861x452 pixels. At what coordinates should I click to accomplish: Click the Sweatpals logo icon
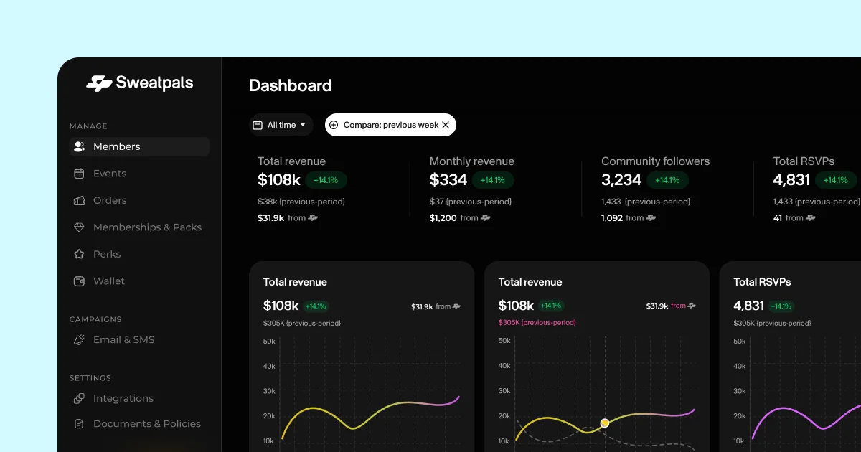point(99,83)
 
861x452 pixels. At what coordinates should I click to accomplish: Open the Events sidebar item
point(109,174)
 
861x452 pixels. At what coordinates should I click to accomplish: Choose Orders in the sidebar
point(109,201)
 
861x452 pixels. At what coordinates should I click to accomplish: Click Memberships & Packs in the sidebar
point(146,227)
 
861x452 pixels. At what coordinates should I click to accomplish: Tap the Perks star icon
point(80,255)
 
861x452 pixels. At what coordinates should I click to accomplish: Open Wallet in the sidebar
point(108,281)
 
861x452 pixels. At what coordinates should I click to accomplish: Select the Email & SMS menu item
point(123,340)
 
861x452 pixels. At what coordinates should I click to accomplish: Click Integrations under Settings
point(123,399)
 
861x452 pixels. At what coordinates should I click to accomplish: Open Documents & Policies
point(146,424)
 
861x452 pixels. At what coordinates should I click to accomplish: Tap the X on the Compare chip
point(446,125)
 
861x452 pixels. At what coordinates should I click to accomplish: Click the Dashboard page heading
point(290,86)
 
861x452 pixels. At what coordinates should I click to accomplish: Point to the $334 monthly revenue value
point(448,180)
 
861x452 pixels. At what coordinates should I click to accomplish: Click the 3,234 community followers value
point(621,180)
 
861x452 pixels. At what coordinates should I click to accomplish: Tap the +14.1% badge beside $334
point(493,180)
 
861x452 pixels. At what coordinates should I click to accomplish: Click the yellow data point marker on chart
point(605,423)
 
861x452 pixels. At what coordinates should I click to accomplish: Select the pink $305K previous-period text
point(537,323)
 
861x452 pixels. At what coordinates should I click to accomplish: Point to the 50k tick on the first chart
point(269,341)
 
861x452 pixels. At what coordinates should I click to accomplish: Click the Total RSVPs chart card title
point(762,282)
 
